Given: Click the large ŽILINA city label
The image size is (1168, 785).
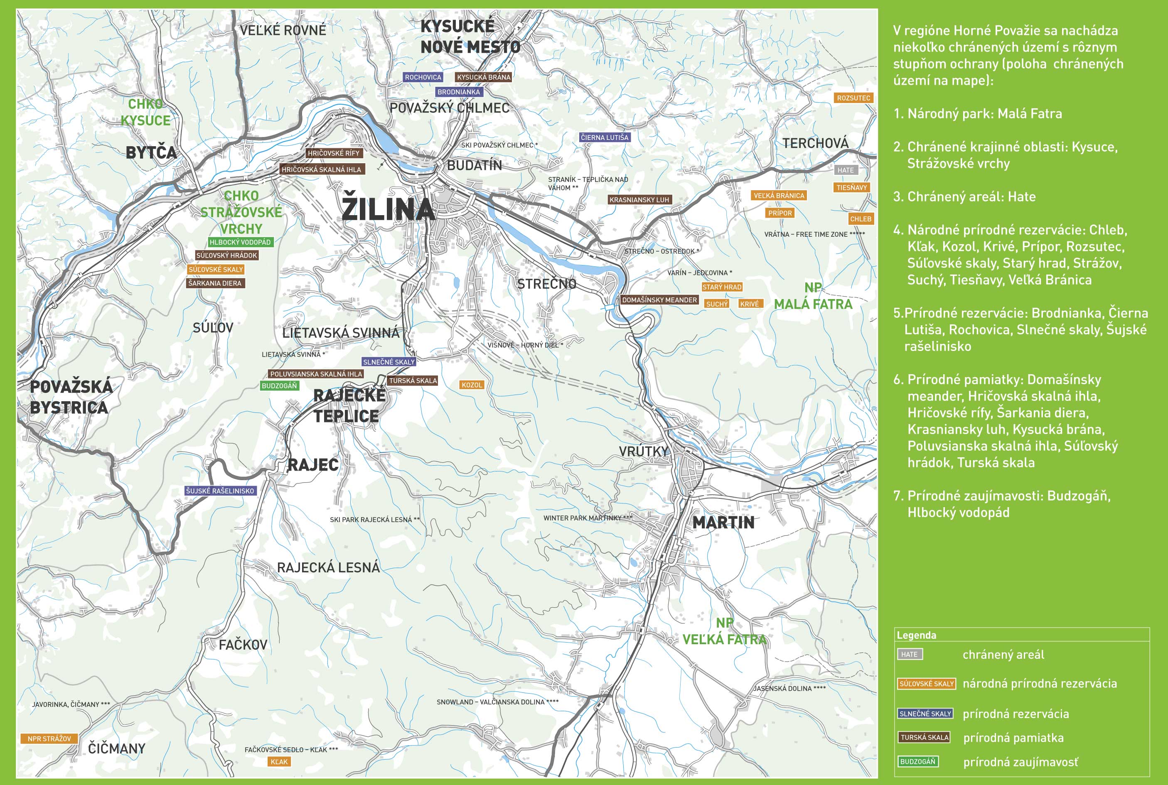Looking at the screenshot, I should point(388,209).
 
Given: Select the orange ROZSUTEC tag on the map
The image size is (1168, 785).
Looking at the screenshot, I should point(853,98).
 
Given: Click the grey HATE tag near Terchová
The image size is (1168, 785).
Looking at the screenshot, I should point(846,170).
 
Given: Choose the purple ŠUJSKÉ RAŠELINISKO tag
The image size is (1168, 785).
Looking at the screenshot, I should point(220,491).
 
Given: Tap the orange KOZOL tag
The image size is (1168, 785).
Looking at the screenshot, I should point(471,385).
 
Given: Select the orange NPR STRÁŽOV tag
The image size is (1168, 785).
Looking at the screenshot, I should point(49,738).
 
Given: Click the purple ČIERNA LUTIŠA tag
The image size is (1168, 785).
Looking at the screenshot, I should point(604,137).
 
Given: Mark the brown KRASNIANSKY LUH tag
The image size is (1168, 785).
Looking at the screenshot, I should point(639,200).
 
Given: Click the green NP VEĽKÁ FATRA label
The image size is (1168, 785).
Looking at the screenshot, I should point(724,631).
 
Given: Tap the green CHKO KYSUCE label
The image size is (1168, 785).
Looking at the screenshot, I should point(145,112).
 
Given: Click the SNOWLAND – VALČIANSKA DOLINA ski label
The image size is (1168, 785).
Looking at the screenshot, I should point(497,702).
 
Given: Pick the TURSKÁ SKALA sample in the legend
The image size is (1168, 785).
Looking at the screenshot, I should point(925,737).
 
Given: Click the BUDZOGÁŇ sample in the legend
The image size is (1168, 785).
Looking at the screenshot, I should point(917,761).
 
